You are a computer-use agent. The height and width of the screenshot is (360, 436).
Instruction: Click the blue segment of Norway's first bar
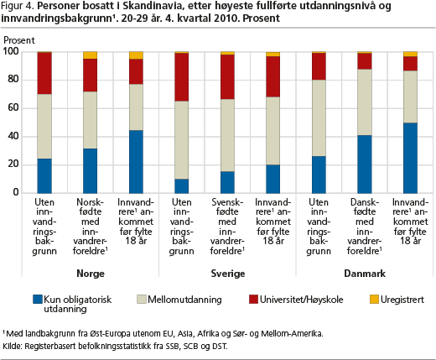44,175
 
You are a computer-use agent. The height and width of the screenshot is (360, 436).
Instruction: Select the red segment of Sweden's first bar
181,76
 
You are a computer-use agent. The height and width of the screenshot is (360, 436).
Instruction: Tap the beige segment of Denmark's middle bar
364,102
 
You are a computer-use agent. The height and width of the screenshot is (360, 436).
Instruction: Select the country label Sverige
226,274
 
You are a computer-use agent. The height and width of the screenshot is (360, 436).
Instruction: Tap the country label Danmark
363,274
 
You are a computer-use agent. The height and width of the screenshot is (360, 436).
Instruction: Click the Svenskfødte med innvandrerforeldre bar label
226,225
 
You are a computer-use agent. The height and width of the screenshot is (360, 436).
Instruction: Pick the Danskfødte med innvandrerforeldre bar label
363,225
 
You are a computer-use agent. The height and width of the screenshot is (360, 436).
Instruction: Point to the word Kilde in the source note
12,346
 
